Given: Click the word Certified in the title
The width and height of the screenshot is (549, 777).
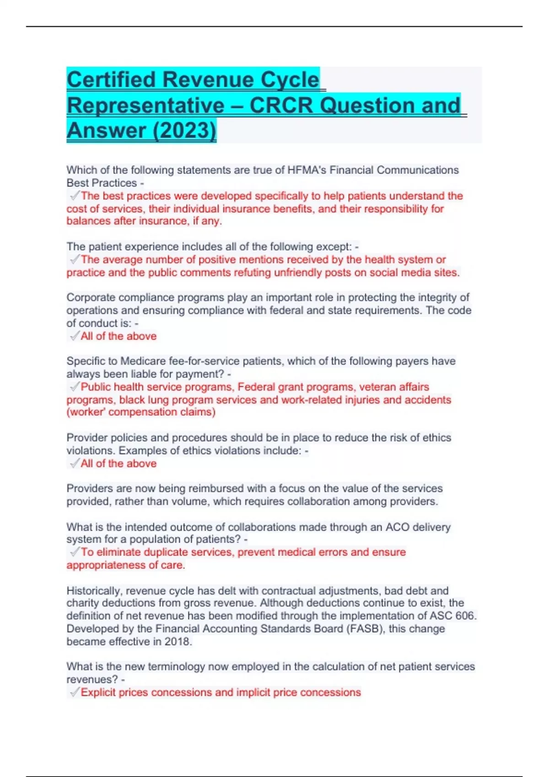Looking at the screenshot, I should [111, 80].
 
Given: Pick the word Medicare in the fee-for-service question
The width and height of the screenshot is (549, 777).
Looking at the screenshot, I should [142, 361].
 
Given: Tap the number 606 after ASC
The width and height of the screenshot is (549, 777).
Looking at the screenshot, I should [465, 616].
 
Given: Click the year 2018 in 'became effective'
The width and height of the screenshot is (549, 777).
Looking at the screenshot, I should [177, 642].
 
